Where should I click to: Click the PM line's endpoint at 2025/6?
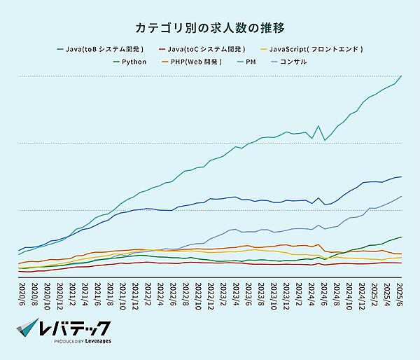(401, 76)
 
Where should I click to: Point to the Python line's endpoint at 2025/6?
(401, 237)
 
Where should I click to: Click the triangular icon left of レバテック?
(27, 331)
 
